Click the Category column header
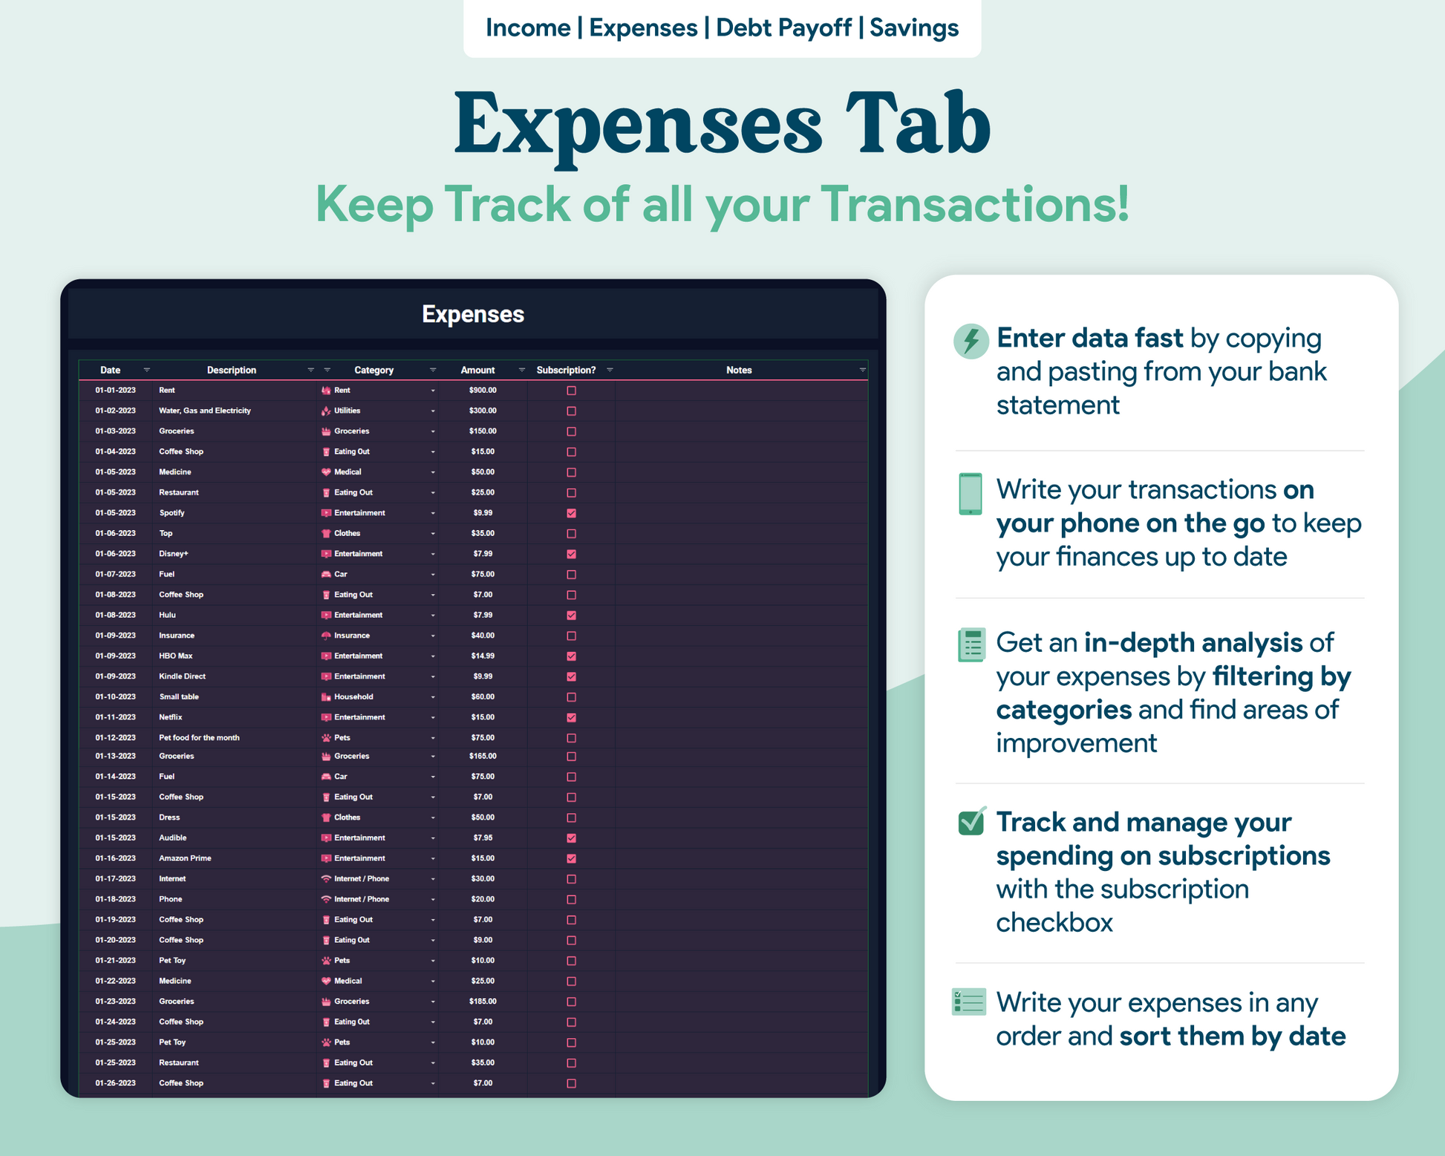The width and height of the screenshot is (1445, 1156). tap(374, 370)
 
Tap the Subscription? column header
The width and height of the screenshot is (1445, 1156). tap(566, 370)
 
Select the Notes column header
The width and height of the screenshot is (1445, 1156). tap(739, 370)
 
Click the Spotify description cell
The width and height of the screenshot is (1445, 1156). tap(172, 513)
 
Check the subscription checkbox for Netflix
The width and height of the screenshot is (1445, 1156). tap(571, 717)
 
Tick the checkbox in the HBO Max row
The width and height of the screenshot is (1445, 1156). tap(571, 656)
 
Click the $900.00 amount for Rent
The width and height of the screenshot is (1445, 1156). tap(483, 391)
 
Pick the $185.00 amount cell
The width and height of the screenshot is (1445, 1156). tap(483, 1002)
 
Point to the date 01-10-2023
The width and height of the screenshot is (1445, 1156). tap(115, 697)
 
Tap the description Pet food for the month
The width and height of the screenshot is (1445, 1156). tap(199, 738)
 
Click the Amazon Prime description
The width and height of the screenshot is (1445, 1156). tap(185, 858)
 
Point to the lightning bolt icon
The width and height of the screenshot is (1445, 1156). tap(971, 341)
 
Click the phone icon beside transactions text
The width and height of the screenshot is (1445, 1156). tap(970, 494)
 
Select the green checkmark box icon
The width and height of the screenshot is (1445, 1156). tap(971, 821)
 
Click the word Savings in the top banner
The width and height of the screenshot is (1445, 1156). tap(914, 28)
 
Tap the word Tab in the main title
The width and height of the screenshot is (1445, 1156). tap(917, 123)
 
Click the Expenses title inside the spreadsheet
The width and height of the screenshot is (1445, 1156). tap(473, 314)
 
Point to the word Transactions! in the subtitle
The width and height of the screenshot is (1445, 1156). tap(975, 203)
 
